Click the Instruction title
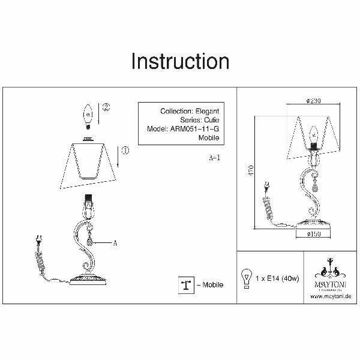(180, 61)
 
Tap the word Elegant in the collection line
(206, 111)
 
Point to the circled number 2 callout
(106, 108)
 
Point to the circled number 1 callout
(125, 151)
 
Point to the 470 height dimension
(251, 171)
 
